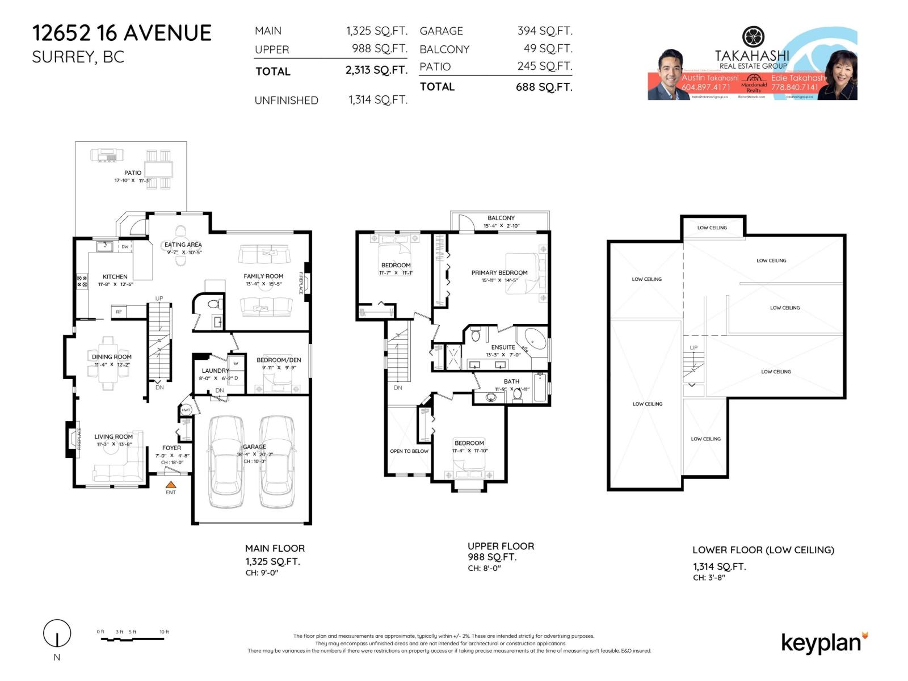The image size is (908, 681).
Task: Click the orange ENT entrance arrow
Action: [171, 485]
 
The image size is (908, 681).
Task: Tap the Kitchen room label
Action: [115, 276]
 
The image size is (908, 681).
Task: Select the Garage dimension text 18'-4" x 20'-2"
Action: [255, 454]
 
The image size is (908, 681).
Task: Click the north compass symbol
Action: [57, 633]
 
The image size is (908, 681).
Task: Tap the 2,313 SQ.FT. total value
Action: [376, 70]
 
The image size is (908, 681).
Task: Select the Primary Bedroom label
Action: [499, 272]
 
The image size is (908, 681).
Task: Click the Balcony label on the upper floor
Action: [501, 218]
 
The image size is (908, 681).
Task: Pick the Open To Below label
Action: [409, 451]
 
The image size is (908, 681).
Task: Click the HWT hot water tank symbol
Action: [186, 410]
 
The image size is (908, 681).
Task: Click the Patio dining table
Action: [158, 169]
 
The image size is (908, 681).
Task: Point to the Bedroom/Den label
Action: [279, 360]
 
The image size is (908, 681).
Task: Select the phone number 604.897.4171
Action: [705, 87]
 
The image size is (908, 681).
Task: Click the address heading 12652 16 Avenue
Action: [121, 33]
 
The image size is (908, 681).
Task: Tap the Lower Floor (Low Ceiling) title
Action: [763, 550]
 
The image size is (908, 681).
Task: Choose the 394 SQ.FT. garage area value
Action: [544, 31]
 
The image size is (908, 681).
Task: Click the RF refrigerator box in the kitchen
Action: [119, 312]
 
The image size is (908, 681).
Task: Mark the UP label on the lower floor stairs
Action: [693, 348]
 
